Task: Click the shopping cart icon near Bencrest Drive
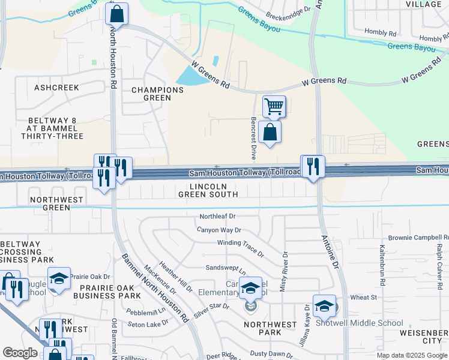[x=274, y=107]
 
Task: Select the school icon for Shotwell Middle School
[x=324, y=305]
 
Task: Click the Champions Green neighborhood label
[x=157, y=94]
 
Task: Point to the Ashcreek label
[x=56, y=88]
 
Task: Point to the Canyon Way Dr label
[x=218, y=230]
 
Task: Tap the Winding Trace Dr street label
[x=240, y=247]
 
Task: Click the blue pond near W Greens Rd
[x=191, y=76]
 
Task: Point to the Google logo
[x=20, y=353]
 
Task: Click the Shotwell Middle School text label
[x=368, y=323]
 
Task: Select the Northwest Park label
[x=270, y=328]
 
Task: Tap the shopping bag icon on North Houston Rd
[x=116, y=13]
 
